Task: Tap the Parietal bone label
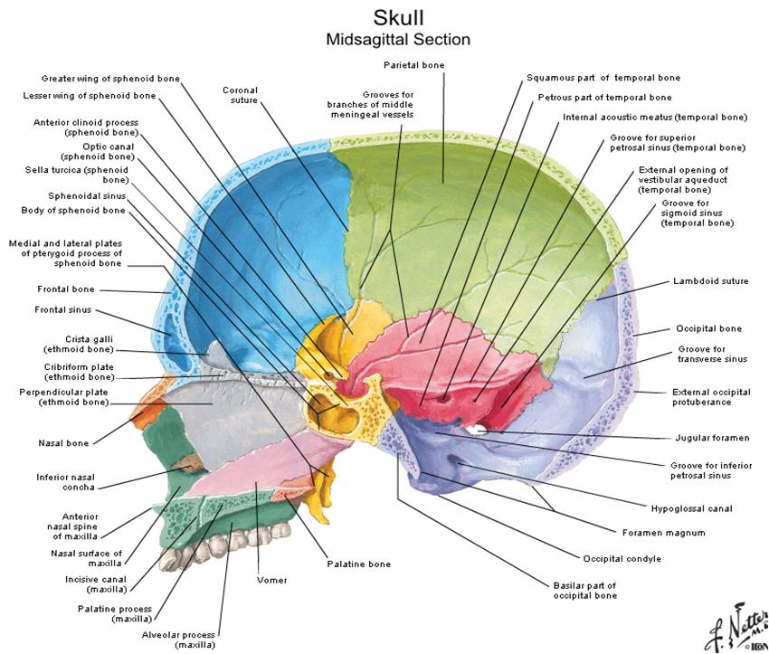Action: pyautogui.click(x=413, y=65)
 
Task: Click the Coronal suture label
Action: pyautogui.click(x=240, y=95)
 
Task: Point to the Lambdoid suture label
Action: pyautogui.click(x=710, y=281)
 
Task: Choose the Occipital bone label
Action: pyautogui.click(x=708, y=328)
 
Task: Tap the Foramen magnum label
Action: pyautogui.click(x=663, y=533)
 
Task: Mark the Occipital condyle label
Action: pyautogui.click(x=622, y=559)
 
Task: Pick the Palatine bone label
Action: pyautogui.click(x=358, y=564)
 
